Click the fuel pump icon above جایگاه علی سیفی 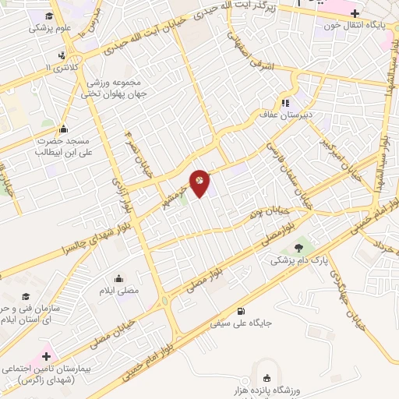249,310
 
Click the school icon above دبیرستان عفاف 286,101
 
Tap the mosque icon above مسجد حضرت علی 63,129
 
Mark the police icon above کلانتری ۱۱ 61,55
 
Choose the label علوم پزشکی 51,28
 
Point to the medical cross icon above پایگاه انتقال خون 355,13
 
